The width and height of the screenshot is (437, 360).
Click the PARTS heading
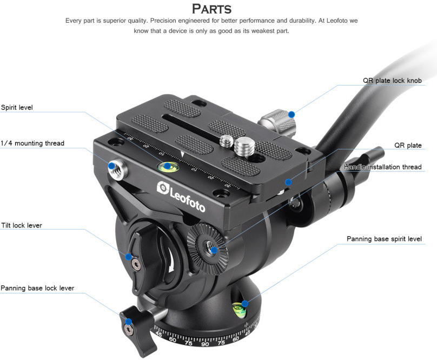pyautogui.click(x=212, y=9)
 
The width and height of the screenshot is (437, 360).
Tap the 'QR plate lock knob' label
pyautogui.click(x=392, y=81)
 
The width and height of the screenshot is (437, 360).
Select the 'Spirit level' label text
pyautogui.click(x=17, y=107)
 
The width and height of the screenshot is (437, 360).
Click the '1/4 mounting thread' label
pyautogui.click(x=32, y=143)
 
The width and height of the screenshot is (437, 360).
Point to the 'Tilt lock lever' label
pyautogui.click(x=22, y=225)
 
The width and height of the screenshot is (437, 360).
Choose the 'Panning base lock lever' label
pyautogui.click(x=37, y=288)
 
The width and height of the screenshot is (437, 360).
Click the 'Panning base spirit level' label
pyautogui.click(x=384, y=239)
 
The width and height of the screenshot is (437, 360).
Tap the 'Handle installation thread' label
pyautogui.click(x=382, y=167)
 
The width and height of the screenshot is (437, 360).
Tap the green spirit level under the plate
pyautogui.click(x=168, y=166)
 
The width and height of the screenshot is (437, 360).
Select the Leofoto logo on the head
pyautogui.click(x=182, y=191)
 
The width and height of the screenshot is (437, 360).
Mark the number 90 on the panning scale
pyautogui.click(x=205, y=344)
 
